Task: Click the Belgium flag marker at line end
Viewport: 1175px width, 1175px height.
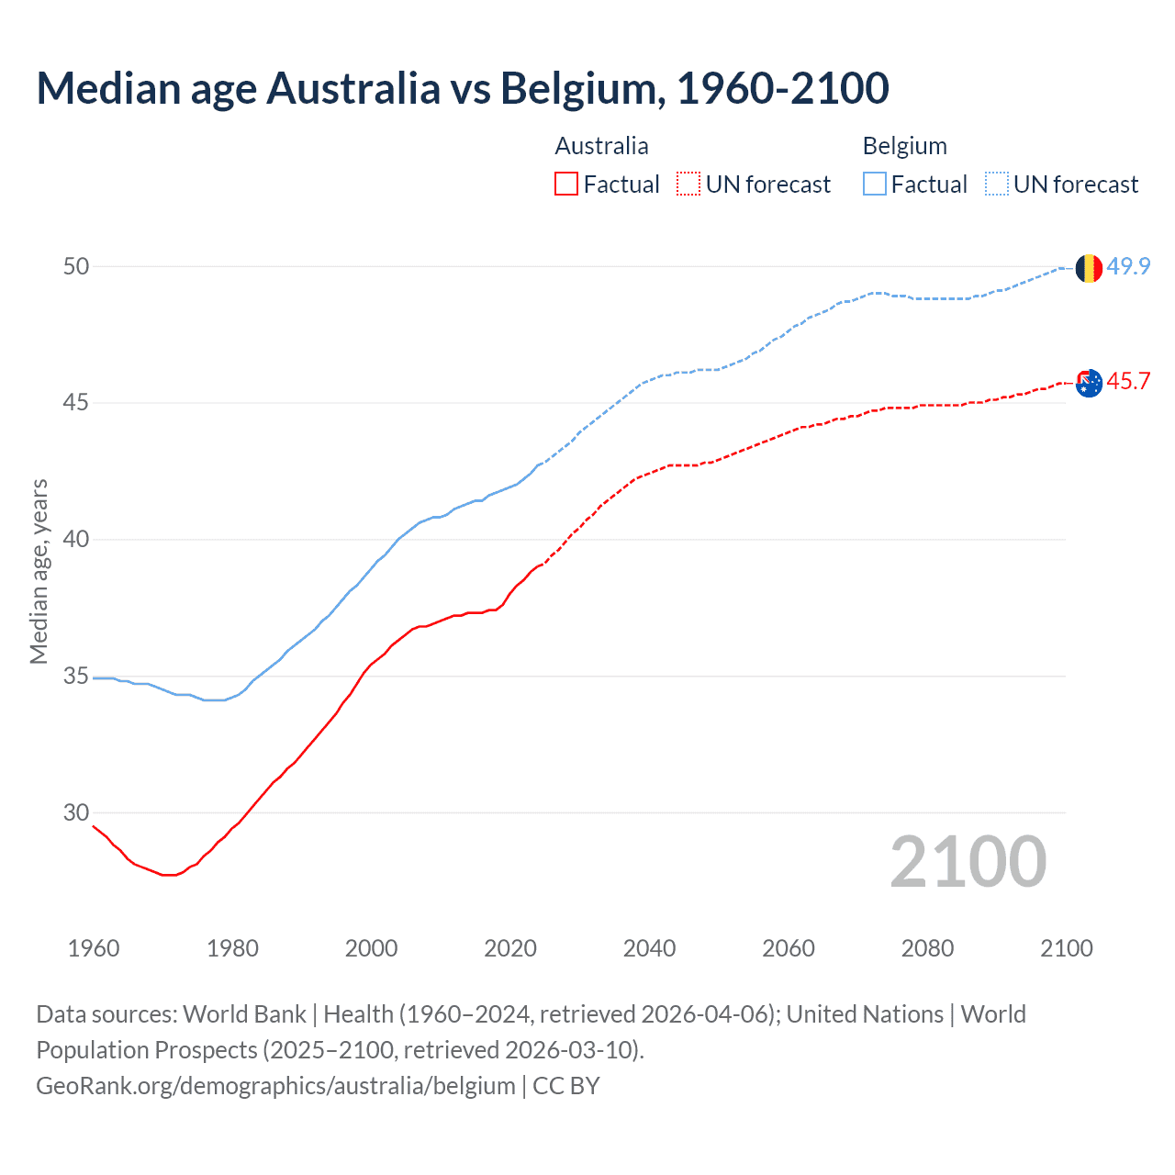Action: coord(1089,268)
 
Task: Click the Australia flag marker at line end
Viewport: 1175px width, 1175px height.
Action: coord(1089,383)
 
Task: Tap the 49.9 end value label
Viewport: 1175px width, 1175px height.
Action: coord(1128,266)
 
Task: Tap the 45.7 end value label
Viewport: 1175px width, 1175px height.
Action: coord(1128,381)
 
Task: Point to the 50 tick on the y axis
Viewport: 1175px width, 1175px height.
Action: coord(76,266)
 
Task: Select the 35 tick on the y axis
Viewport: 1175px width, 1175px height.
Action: coord(76,677)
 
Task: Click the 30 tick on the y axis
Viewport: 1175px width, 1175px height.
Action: coord(76,812)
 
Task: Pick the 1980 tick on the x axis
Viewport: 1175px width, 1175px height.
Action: coord(232,948)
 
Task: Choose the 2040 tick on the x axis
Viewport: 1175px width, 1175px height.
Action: coord(649,948)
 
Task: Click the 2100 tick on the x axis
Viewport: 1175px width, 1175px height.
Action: coord(1066,948)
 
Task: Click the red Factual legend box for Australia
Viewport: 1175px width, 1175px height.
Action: coord(566,185)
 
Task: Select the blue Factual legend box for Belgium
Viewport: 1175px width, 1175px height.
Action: coord(875,185)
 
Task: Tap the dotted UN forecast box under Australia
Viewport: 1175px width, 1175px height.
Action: coord(688,185)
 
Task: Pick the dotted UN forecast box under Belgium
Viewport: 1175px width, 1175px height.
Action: coord(997,185)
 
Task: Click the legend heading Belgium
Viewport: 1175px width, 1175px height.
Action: coord(904,146)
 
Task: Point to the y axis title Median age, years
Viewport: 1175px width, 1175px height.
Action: coord(39,571)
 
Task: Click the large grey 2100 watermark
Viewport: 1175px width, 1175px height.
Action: coord(968,861)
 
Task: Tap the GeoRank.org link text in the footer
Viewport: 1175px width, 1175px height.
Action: coord(275,1085)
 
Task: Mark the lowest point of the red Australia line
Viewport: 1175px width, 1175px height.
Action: coord(168,875)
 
